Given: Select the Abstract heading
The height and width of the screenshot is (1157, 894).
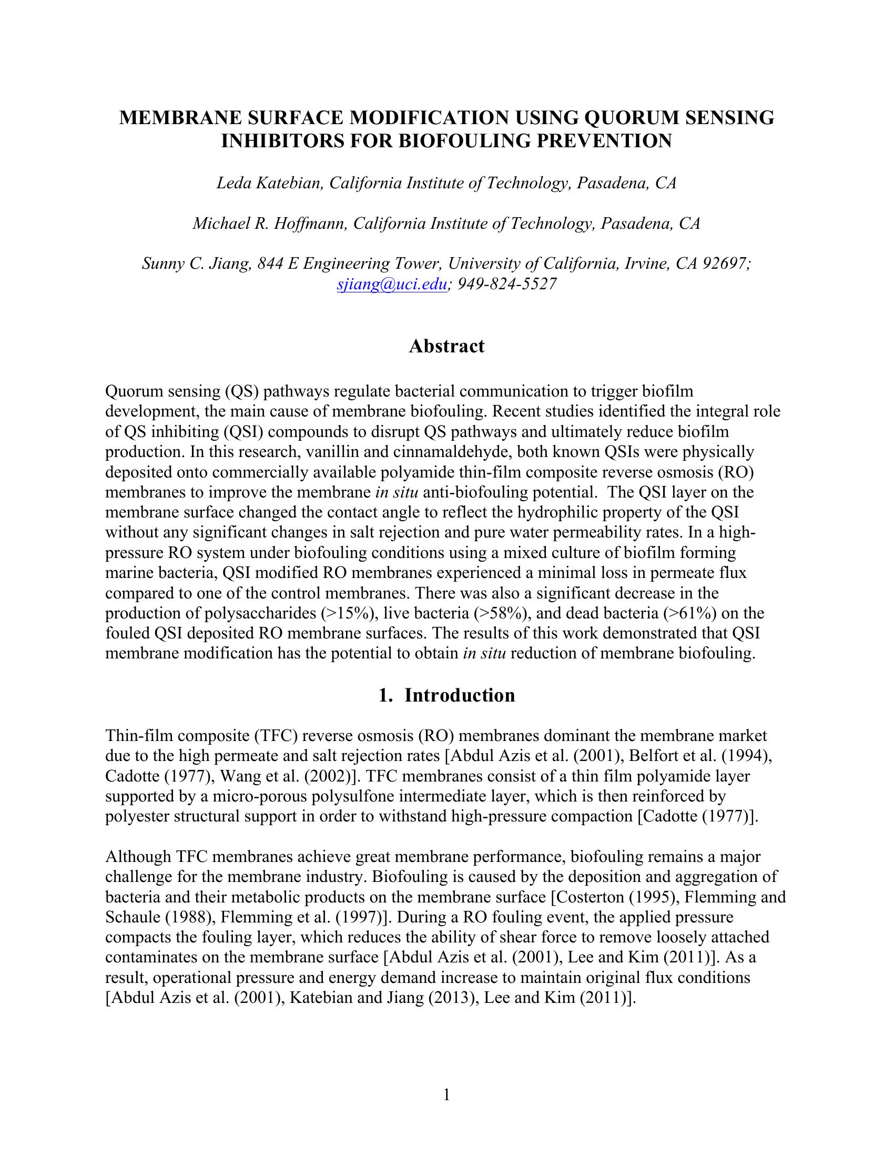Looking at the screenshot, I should point(446,347).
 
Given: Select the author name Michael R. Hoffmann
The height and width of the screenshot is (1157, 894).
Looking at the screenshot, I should point(270,224).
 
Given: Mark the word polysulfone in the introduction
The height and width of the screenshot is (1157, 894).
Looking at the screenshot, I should point(352,796).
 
